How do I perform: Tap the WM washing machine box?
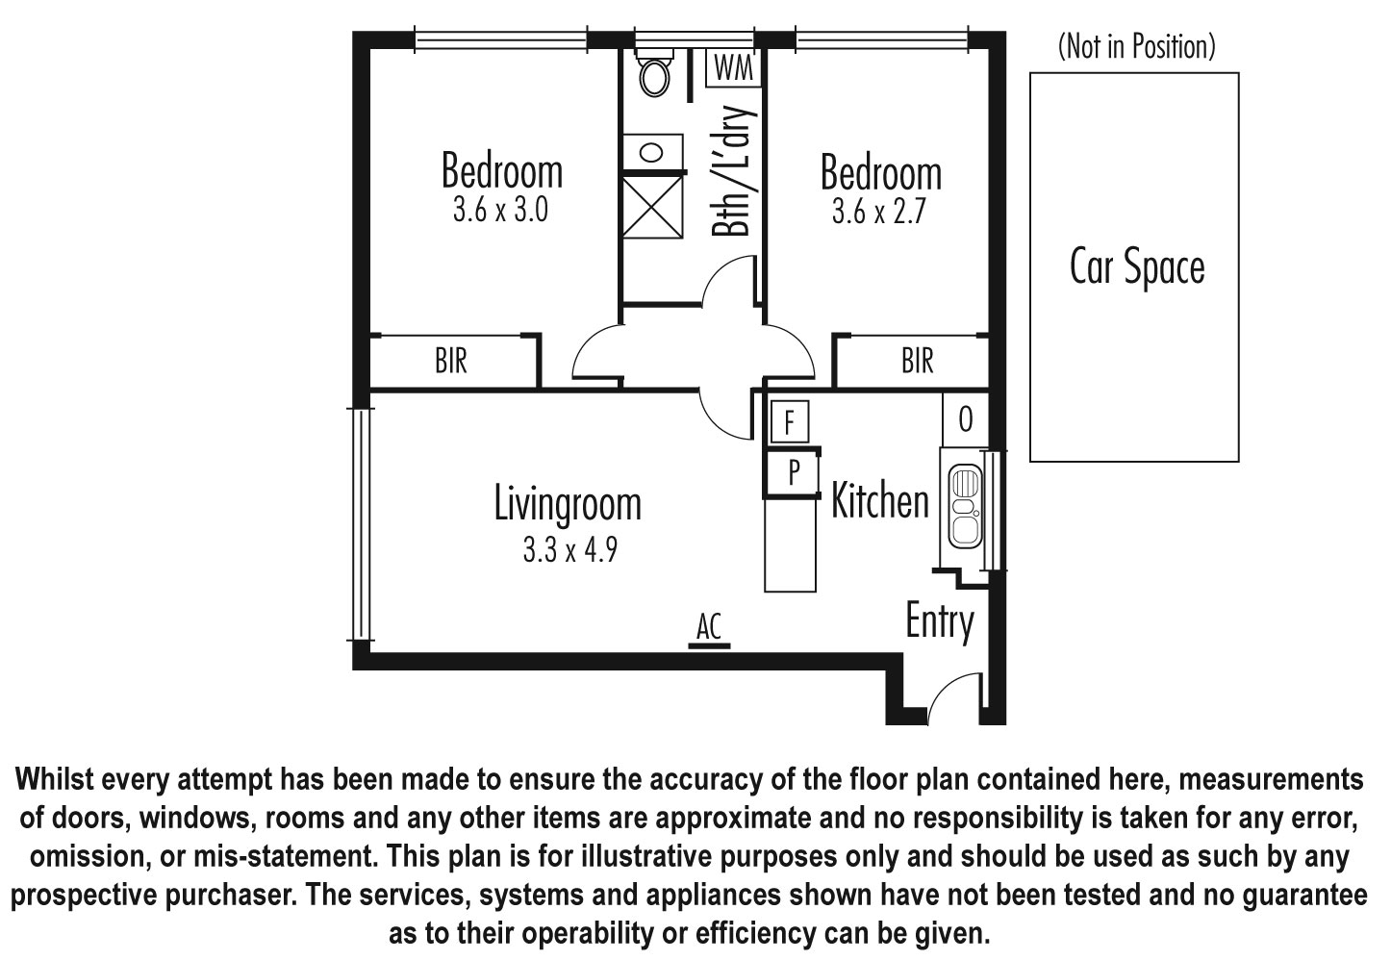coord(733,67)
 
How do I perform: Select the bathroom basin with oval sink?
coord(652,152)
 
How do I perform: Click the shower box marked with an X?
coord(652,207)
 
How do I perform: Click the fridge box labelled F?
coord(790,421)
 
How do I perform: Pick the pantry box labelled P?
coord(793,472)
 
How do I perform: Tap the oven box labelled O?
coord(965,419)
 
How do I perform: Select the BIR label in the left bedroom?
coord(451,361)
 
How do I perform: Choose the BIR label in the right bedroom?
coord(918,361)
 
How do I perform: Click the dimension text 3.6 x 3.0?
coord(500,210)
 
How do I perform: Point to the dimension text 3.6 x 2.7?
coord(879,211)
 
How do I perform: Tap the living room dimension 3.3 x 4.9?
coord(570,549)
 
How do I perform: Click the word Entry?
coord(940,621)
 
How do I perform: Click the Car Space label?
coord(1137,267)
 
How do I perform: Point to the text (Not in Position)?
coord(1137,46)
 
